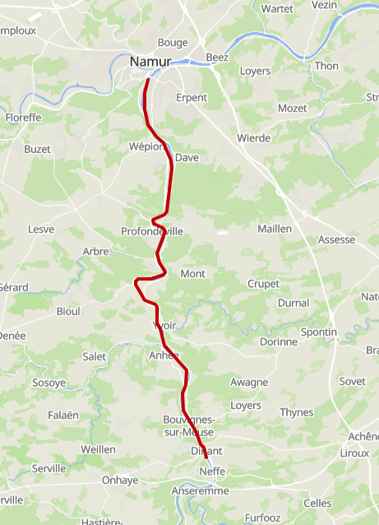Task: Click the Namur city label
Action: click(150, 61)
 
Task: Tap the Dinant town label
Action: click(207, 451)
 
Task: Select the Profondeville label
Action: click(152, 231)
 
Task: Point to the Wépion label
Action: click(147, 146)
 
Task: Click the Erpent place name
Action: click(192, 97)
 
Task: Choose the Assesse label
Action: click(336, 239)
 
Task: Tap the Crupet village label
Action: click(263, 284)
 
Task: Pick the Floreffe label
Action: click(23, 118)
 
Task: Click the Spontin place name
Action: click(319, 332)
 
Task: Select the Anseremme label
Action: click(200, 490)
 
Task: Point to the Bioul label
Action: click(67, 311)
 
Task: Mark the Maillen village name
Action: click(275, 228)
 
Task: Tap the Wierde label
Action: click(253, 137)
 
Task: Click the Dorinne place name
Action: click(277, 341)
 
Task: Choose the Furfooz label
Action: click(262, 518)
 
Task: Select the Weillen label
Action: click(98, 448)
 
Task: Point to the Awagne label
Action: click(249, 382)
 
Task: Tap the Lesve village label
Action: click(40, 229)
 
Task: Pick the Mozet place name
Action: click(292, 109)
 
